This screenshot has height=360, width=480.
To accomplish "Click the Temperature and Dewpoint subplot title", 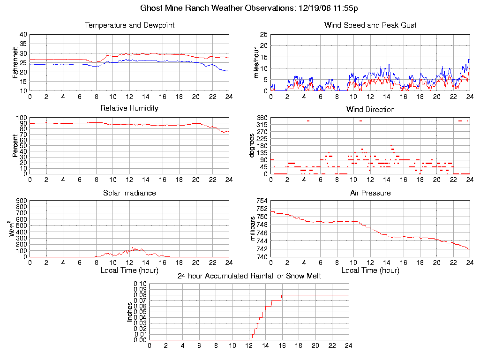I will [x=129, y=25].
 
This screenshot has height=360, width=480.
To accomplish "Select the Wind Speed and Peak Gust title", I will [x=370, y=25].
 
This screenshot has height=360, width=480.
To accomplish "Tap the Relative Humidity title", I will [x=129, y=108].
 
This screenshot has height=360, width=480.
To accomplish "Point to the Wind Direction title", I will [x=370, y=110].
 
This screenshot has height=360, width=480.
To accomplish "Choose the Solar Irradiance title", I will [x=129, y=193].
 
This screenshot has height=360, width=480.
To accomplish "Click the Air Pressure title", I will [x=370, y=193].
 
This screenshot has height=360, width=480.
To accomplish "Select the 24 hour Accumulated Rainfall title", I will [x=249, y=276].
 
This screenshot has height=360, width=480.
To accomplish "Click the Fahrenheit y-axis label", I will [x=15, y=62].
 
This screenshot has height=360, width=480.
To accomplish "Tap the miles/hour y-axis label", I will [x=256, y=62].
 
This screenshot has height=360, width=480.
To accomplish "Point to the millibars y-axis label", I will [x=253, y=229].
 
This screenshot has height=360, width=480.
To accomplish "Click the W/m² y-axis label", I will [x=14, y=229].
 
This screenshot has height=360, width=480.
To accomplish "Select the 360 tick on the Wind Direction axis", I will [x=262, y=118].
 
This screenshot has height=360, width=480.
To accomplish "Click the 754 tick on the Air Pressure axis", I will [x=262, y=201].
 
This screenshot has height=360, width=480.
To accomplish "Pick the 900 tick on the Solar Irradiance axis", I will [x=22, y=201].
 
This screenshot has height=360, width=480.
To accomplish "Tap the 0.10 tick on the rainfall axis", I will [x=140, y=284].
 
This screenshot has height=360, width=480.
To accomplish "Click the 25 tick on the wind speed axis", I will [x=263, y=35].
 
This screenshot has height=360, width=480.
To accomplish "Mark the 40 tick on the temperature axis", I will [x=23, y=35].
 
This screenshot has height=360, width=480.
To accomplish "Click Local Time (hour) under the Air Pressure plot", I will [x=370, y=270].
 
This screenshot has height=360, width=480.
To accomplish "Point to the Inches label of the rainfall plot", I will [x=130, y=312].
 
